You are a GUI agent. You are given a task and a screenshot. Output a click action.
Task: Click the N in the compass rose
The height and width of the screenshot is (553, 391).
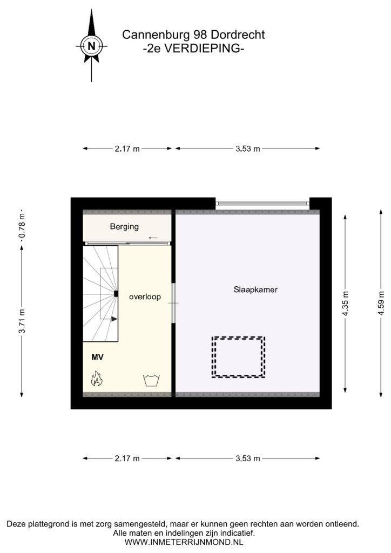(x=92, y=46)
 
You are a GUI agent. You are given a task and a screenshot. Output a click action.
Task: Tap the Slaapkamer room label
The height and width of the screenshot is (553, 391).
(x=255, y=289)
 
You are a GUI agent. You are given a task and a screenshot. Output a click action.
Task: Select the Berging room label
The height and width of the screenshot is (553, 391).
(x=124, y=226)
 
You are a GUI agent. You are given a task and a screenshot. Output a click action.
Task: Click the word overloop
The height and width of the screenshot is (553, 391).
(x=145, y=296)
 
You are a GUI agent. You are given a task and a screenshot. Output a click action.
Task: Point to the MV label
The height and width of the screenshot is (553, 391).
(x=97, y=358)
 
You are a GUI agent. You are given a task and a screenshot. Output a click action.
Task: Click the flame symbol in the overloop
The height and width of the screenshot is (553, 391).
(x=97, y=379)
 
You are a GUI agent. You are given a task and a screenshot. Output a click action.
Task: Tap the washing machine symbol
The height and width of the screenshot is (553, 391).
(x=152, y=381)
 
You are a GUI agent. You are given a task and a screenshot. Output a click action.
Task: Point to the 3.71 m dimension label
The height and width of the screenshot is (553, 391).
(x=22, y=321)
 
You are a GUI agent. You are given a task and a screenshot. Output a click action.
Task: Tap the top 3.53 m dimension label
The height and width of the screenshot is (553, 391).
(x=247, y=149)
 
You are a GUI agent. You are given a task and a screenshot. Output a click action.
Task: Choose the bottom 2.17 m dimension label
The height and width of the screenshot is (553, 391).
(x=127, y=458)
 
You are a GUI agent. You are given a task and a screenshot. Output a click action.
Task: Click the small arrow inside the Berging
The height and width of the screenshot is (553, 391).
(x=153, y=238)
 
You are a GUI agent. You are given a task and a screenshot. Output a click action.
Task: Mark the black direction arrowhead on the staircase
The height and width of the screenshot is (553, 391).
(x=114, y=319)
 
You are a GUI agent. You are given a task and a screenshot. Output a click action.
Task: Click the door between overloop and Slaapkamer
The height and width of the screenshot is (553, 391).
(x=173, y=303)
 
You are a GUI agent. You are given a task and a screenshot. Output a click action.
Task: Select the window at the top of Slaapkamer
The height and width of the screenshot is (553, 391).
(x=262, y=203)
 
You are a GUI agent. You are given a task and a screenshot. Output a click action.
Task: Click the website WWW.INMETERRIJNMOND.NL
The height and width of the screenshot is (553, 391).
(x=184, y=542)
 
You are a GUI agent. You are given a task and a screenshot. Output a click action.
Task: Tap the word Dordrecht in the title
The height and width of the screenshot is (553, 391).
(x=238, y=35)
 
